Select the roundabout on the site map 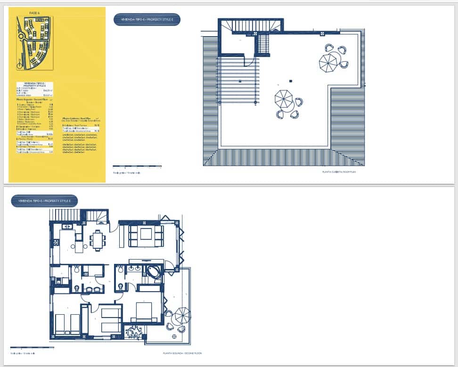coord(21,36)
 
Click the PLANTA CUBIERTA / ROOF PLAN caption coord(339,172)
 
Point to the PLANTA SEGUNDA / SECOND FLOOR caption coord(182,353)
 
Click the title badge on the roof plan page coord(147,19)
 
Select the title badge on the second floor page coord(44,201)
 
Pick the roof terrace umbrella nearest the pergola coord(284,99)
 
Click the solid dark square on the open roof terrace coord(292,82)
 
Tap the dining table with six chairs coord(98,240)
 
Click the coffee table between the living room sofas coord(146,234)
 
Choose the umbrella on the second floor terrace coord(182,315)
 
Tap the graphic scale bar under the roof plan coord(137,166)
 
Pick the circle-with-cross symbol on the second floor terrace coord(175,336)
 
